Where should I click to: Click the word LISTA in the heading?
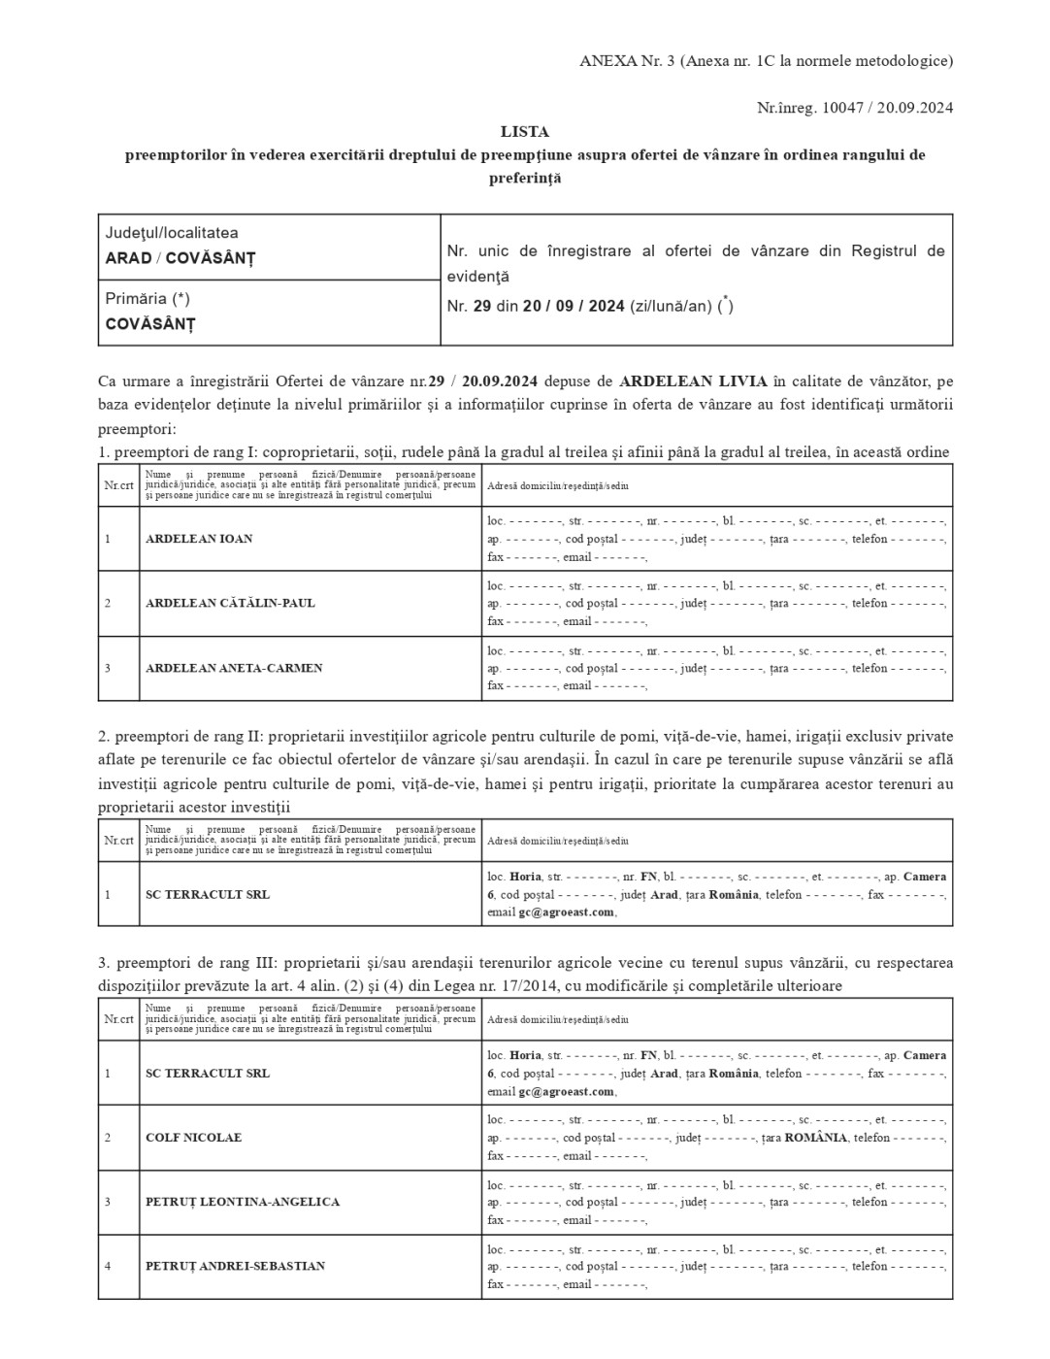click(x=525, y=131)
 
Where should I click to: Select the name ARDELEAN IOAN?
click(x=199, y=539)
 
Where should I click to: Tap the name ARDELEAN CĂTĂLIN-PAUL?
click(x=230, y=603)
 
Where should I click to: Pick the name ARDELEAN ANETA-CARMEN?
click(x=234, y=668)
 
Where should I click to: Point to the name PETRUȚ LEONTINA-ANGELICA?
click(x=243, y=1202)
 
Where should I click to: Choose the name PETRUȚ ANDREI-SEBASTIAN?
click(x=235, y=1266)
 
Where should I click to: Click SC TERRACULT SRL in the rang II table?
click(x=208, y=894)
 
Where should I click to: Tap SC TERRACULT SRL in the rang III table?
click(x=208, y=1073)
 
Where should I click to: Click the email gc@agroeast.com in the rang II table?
click(x=566, y=912)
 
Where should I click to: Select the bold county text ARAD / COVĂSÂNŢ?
click(x=180, y=258)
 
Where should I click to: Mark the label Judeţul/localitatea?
click(x=172, y=233)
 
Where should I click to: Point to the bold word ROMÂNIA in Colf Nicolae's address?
click(x=816, y=1138)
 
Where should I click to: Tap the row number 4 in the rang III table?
click(x=108, y=1266)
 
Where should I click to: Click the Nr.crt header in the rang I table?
click(x=118, y=484)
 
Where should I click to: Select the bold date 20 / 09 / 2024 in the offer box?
click(x=574, y=306)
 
